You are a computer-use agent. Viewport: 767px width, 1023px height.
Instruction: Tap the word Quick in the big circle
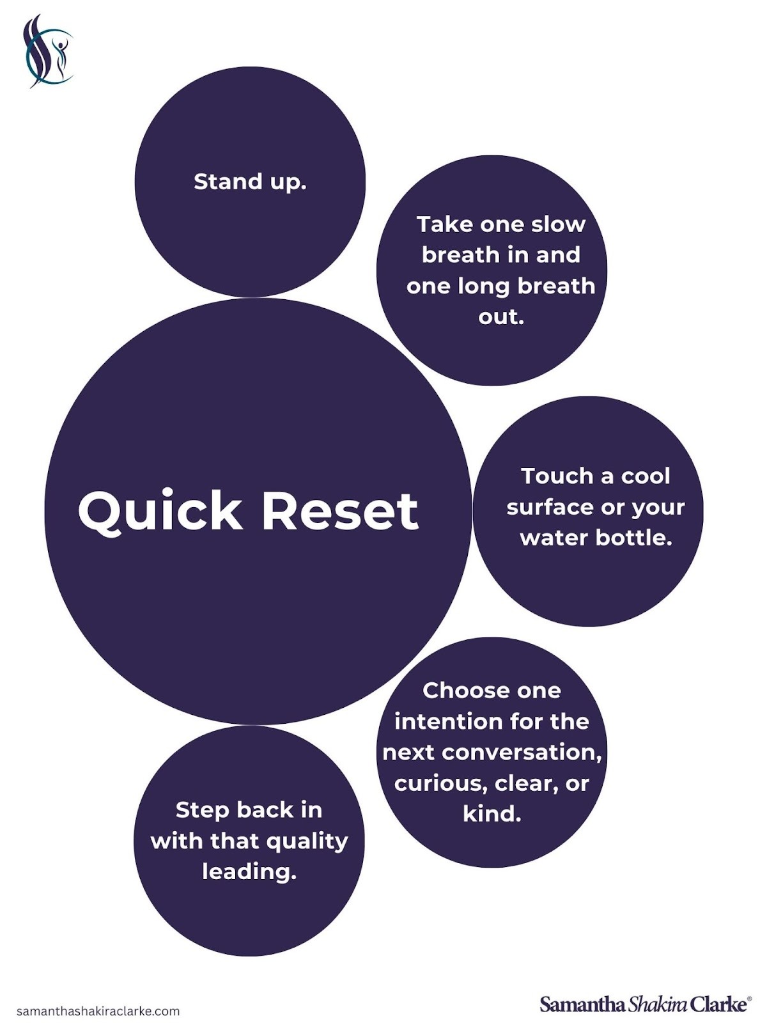[x=160, y=511]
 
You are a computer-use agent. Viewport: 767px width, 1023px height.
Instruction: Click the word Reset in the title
[x=340, y=511]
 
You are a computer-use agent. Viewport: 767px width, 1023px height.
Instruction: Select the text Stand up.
[x=250, y=182]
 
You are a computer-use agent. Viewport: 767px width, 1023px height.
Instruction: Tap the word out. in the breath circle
[x=501, y=316]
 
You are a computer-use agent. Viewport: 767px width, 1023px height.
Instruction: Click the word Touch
[x=557, y=476]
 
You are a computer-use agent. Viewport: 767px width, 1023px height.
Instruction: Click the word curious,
[x=437, y=783]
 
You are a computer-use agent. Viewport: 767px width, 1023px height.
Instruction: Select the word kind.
[x=492, y=813]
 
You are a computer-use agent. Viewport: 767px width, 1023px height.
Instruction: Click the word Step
[x=201, y=810]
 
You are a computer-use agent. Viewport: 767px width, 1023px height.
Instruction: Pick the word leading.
[x=249, y=871]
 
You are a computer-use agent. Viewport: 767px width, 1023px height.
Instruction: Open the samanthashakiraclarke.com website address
[x=98, y=1011]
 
